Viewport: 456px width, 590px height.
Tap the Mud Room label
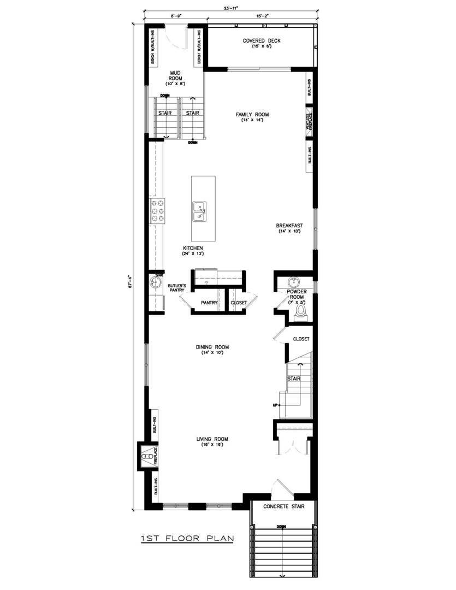(x=175, y=75)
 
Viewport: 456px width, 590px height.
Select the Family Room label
(x=252, y=115)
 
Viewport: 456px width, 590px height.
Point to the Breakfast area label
(x=289, y=226)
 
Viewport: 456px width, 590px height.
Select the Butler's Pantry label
(x=177, y=288)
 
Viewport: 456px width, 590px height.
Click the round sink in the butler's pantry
(x=155, y=283)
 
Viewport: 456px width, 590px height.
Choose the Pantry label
(x=210, y=302)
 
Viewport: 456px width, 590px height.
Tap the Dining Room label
(x=212, y=347)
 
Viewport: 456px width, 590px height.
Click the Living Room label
(x=212, y=439)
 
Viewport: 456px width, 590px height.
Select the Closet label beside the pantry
(x=239, y=302)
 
